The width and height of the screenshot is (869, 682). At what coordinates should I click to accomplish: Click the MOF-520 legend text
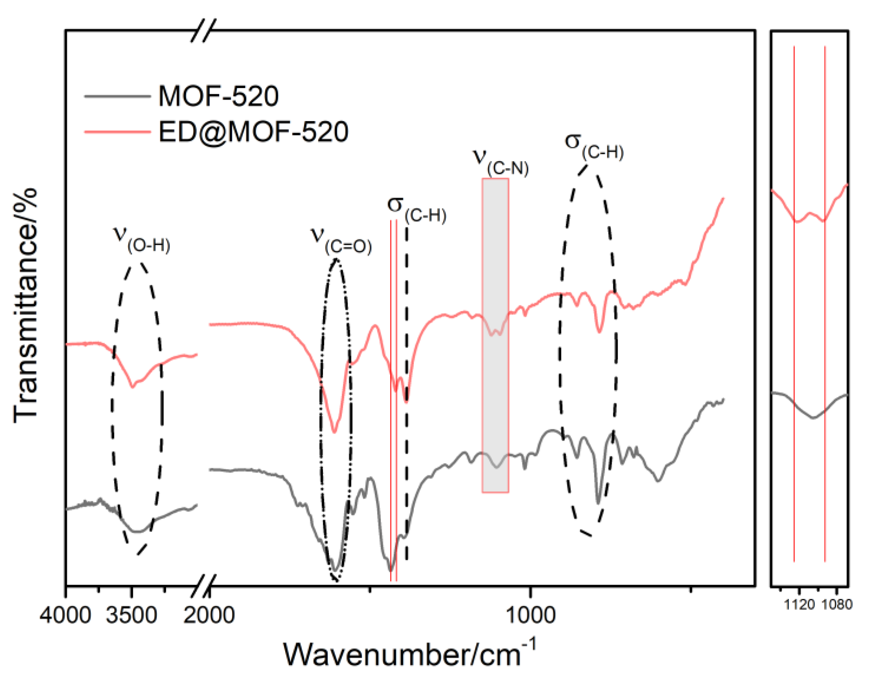pyautogui.click(x=218, y=96)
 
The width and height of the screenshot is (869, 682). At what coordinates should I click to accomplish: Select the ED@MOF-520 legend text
pyautogui.click(x=253, y=132)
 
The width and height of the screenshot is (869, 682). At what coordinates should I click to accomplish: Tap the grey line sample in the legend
pyautogui.click(x=117, y=96)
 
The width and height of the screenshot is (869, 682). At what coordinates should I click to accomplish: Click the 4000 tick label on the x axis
pyautogui.click(x=66, y=615)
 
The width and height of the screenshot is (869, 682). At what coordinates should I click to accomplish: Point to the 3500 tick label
pyautogui.click(x=131, y=615)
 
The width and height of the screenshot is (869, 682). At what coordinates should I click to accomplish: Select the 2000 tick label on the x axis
pyautogui.click(x=209, y=615)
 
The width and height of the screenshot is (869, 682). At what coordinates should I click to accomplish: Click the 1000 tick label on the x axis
pyautogui.click(x=530, y=615)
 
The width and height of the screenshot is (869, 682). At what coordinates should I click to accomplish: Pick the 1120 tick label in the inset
pyautogui.click(x=799, y=605)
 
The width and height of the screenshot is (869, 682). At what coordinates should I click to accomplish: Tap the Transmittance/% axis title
pyautogui.click(x=26, y=305)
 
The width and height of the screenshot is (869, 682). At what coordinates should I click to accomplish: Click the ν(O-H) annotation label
pyautogui.click(x=142, y=239)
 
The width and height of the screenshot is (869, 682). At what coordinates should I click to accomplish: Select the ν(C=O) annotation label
pyautogui.click(x=341, y=242)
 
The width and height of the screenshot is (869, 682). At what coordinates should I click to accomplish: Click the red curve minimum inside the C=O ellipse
pyautogui.click(x=334, y=432)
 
